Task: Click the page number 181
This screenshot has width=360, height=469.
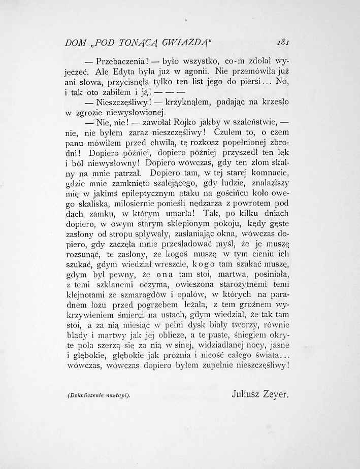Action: click(x=281, y=44)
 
